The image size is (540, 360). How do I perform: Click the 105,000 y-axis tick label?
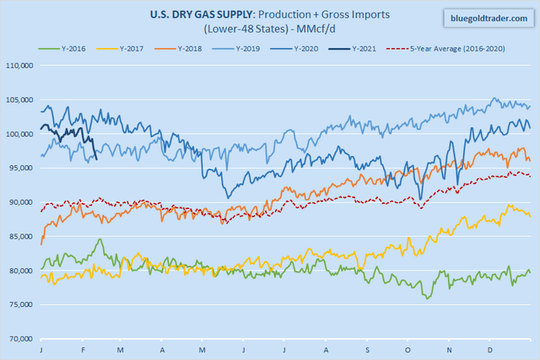click(19, 99)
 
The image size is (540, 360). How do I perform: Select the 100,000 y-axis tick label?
click(19, 134)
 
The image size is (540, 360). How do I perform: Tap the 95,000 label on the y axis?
click(20, 168)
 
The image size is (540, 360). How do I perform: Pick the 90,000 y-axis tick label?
click(20, 202)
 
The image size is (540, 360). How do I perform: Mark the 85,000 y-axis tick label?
click(20, 236)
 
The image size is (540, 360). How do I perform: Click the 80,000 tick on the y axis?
click(20, 271)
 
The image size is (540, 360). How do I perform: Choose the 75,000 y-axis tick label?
click(20, 304)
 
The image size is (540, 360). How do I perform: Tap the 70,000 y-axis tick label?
click(20, 339)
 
